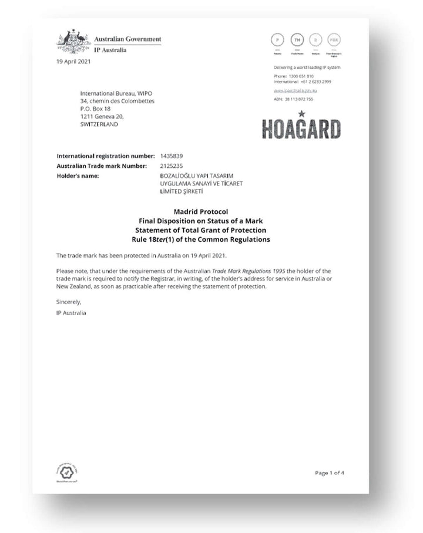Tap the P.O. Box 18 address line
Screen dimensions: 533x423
pos(96,109)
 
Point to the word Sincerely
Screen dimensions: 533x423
pos(69,302)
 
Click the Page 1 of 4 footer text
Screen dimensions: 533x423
pos(329,473)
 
